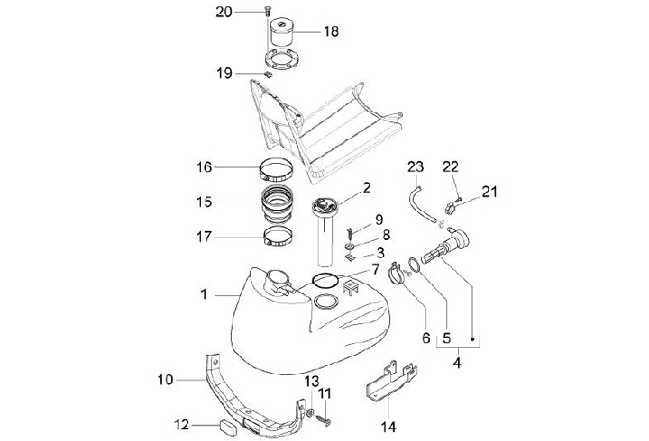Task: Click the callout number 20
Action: coord(224,13)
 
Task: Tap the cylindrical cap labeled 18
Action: coord(282,31)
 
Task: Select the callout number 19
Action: coord(224,74)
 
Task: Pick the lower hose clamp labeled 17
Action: coord(279,237)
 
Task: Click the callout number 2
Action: coord(367,187)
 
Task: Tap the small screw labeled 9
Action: coord(350,233)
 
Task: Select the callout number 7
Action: coord(375,269)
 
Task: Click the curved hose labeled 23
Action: coord(421,203)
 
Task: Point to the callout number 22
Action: coord(451,166)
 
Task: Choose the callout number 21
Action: coord(489,192)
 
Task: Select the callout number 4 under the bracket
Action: coord(457,363)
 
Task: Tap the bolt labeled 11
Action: coord(325,420)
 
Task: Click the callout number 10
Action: coord(165,380)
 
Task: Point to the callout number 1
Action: coord(204,294)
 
